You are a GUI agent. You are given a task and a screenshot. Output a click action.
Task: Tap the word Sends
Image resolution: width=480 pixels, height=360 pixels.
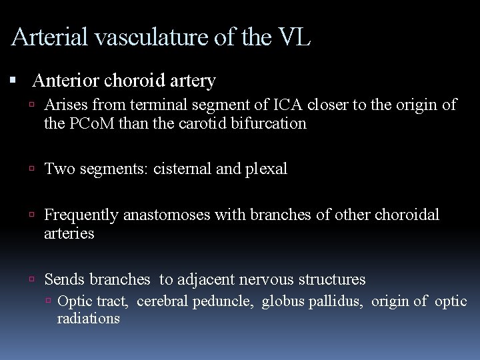(x=64, y=279)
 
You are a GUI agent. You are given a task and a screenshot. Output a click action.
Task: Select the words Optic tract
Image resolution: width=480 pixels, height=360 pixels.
(x=94, y=301)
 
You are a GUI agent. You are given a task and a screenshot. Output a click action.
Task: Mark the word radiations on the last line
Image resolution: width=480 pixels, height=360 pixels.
(x=88, y=319)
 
